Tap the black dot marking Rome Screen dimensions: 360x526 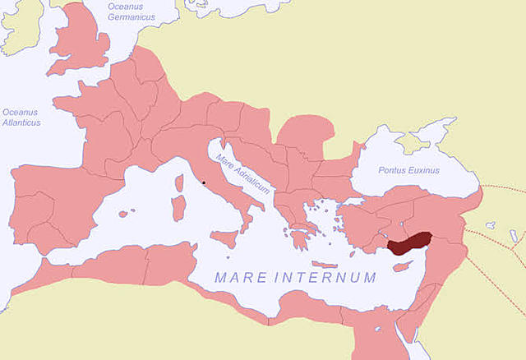tap(203, 182)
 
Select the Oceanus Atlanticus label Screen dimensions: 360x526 tap(21, 118)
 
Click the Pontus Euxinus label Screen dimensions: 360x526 tap(408, 170)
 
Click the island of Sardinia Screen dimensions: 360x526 tap(178, 206)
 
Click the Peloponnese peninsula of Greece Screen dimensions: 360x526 tap(298, 238)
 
